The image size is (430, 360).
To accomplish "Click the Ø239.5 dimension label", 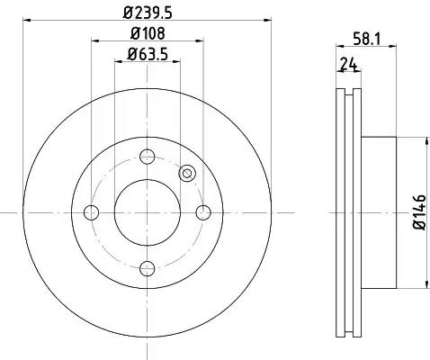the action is pyautogui.click(x=148, y=13).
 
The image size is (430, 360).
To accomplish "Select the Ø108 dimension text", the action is pyautogui.click(x=148, y=33).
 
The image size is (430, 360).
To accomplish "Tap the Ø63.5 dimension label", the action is pyautogui.click(x=148, y=54).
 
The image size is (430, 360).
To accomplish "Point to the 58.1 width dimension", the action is pyautogui.click(x=366, y=39).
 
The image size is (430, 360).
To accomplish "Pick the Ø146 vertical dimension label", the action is pyautogui.click(x=419, y=212).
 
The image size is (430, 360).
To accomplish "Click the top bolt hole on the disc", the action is pyautogui.click(x=148, y=157).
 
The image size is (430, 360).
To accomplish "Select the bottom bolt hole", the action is pyautogui.click(x=148, y=268).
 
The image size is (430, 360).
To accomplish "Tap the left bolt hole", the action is pyautogui.click(x=92, y=212).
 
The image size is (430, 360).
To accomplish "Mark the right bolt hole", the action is pyautogui.click(x=203, y=212).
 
